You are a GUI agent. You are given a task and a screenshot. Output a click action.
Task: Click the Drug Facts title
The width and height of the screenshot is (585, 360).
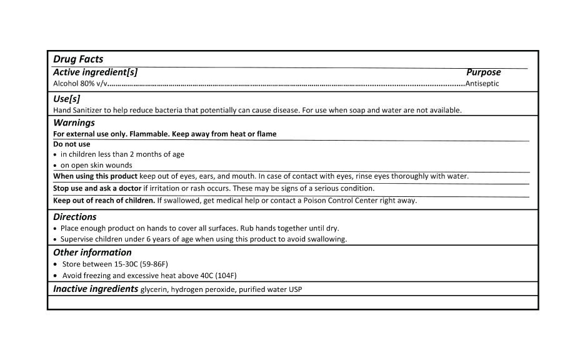pyautogui.click(x=78, y=59)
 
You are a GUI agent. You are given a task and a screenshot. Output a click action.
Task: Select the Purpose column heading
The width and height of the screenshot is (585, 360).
pyautogui.click(x=483, y=72)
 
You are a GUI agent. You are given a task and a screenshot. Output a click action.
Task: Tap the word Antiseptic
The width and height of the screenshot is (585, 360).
pyautogui.click(x=482, y=83)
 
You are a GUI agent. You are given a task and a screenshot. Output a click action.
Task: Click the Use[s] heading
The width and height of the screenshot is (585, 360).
pyautogui.click(x=67, y=99)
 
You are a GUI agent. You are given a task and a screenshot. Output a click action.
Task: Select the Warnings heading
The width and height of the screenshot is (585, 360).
pyautogui.click(x=74, y=122)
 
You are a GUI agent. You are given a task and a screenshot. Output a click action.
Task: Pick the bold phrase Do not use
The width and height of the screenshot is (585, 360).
pyautogui.click(x=71, y=144)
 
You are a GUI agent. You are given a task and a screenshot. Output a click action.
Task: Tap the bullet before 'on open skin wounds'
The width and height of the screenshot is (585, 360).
pyautogui.click(x=56, y=166)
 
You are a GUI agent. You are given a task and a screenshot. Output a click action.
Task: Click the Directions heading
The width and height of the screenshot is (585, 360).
pyautogui.click(x=75, y=217)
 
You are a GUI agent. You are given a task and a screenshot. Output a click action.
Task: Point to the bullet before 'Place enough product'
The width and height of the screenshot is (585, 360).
pyautogui.click(x=56, y=229)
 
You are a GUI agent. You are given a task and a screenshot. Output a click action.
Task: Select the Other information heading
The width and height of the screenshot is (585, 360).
pyautogui.click(x=92, y=252)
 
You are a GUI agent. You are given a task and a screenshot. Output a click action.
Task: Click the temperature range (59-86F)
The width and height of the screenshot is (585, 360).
pyautogui.click(x=151, y=264)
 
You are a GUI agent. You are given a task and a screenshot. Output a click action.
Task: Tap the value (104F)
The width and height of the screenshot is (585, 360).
pyautogui.click(x=224, y=276)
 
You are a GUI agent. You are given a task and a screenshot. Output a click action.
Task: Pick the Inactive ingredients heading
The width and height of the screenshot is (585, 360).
pyautogui.click(x=96, y=289)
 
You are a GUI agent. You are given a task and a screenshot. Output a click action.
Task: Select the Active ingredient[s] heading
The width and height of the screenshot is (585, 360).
pyautogui.click(x=95, y=72)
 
